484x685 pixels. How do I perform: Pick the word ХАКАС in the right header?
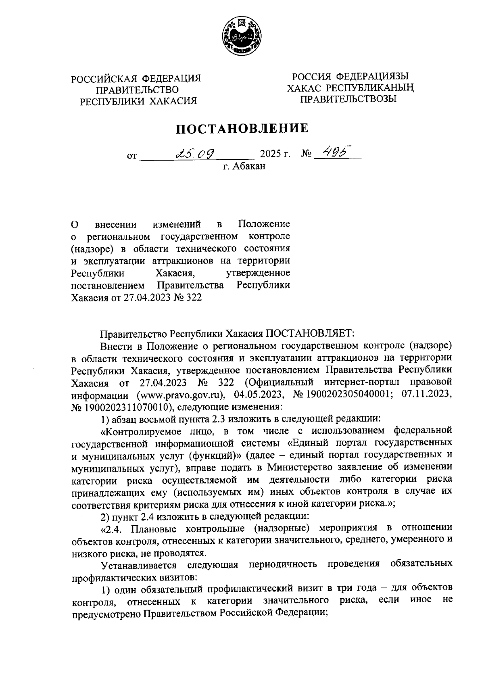304,88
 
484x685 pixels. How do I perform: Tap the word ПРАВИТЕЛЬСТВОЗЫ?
348,98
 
